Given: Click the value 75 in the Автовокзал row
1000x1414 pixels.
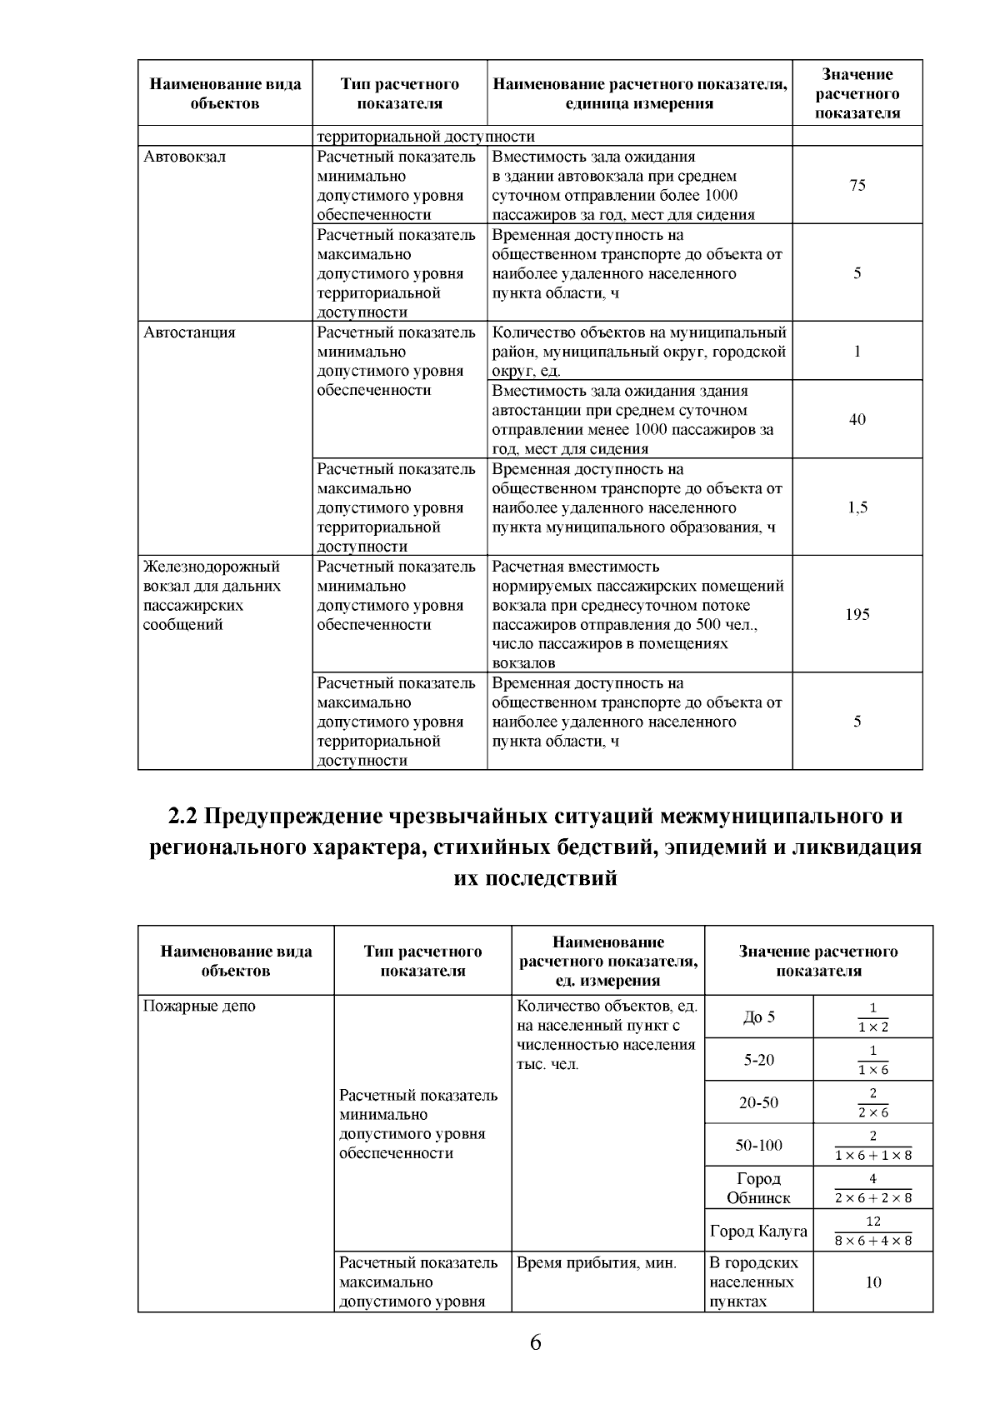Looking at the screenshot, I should tap(857, 186).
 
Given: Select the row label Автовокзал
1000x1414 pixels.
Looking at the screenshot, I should tap(183, 157).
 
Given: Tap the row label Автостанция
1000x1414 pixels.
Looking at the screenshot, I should tap(189, 332).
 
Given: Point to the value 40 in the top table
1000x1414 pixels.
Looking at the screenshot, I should tap(857, 419).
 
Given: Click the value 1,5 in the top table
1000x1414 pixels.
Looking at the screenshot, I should tap(857, 507).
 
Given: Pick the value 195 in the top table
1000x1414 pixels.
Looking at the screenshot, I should tap(857, 614).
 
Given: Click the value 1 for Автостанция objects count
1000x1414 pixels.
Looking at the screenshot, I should tap(857, 351).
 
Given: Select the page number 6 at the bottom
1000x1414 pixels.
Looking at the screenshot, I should tap(535, 1342).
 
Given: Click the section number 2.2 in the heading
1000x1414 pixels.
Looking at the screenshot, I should tap(182, 816).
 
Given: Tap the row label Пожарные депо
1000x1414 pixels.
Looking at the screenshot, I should tap(199, 1006).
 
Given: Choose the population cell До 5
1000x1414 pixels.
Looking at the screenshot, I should tap(758, 1017).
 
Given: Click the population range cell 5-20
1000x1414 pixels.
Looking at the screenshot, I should tap(758, 1060).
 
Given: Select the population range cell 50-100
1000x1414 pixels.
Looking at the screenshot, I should tap(758, 1145).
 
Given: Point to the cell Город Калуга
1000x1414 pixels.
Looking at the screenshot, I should tap(758, 1231).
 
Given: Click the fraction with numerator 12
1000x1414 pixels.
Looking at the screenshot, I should tap(872, 1231).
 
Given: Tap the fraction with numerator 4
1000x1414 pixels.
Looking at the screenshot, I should tap(872, 1188).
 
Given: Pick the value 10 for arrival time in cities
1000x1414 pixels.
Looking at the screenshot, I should tap(872, 1282).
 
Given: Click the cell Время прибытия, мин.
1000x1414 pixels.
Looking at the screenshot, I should tap(596, 1263).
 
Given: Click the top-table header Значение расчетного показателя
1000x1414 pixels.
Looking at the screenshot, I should tap(857, 94).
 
